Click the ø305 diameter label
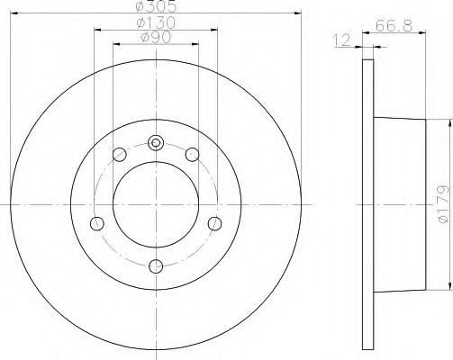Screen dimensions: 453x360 [x=156, y=5]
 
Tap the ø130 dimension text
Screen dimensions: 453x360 [x=156, y=22]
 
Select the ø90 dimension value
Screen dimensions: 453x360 [x=156, y=37]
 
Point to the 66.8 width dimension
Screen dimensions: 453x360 [x=394, y=25]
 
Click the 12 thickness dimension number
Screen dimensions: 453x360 [x=342, y=40]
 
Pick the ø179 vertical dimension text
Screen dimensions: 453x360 [x=443, y=204]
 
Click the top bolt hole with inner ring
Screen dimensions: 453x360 [x=156, y=143]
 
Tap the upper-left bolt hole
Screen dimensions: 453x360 [x=120, y=155]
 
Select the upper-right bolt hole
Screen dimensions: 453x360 [x=192, y=155]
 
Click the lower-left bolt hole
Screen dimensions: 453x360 [x=97, y=223]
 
